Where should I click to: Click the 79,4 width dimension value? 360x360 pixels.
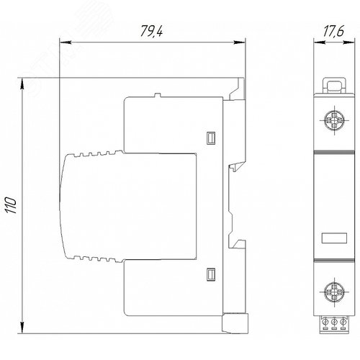[x=151, y=31]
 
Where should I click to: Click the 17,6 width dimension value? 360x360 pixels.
[x=333, y=31]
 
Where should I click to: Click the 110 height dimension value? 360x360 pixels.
[x=12, y=205]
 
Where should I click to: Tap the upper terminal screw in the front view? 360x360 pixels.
[x=334, y=120]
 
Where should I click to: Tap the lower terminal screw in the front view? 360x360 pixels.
[x=334, y=292]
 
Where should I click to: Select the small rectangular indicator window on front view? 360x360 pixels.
[x=334, y=238]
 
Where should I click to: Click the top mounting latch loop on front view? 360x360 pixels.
[x=334, y=85]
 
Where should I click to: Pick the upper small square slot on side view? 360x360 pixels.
[x=211, y=138]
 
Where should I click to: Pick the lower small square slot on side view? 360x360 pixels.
[x=211, y=274]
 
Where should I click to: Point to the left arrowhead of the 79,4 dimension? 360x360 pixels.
[x=66, y=42]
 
